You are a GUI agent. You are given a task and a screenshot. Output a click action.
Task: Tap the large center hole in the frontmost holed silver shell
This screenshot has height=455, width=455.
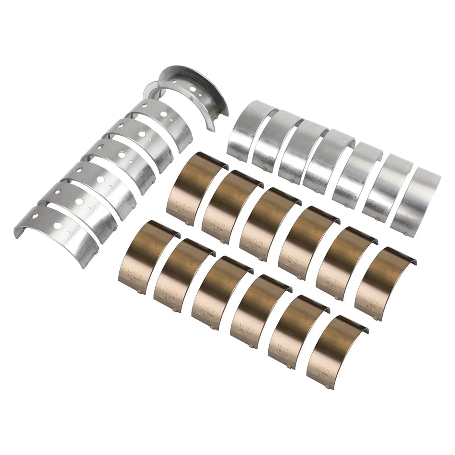[57, 225]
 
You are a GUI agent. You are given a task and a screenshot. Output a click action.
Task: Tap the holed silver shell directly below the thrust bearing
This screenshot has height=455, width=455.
[163, 122]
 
